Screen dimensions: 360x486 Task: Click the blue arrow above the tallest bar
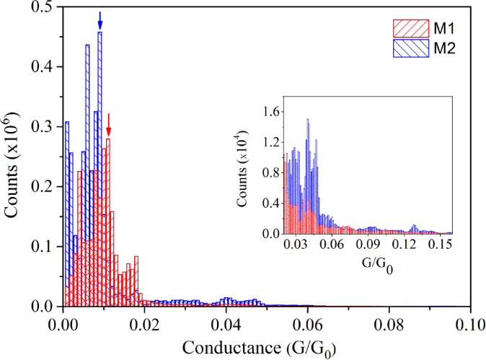(100, 21)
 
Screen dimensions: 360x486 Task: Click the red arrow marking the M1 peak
(108, 124)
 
